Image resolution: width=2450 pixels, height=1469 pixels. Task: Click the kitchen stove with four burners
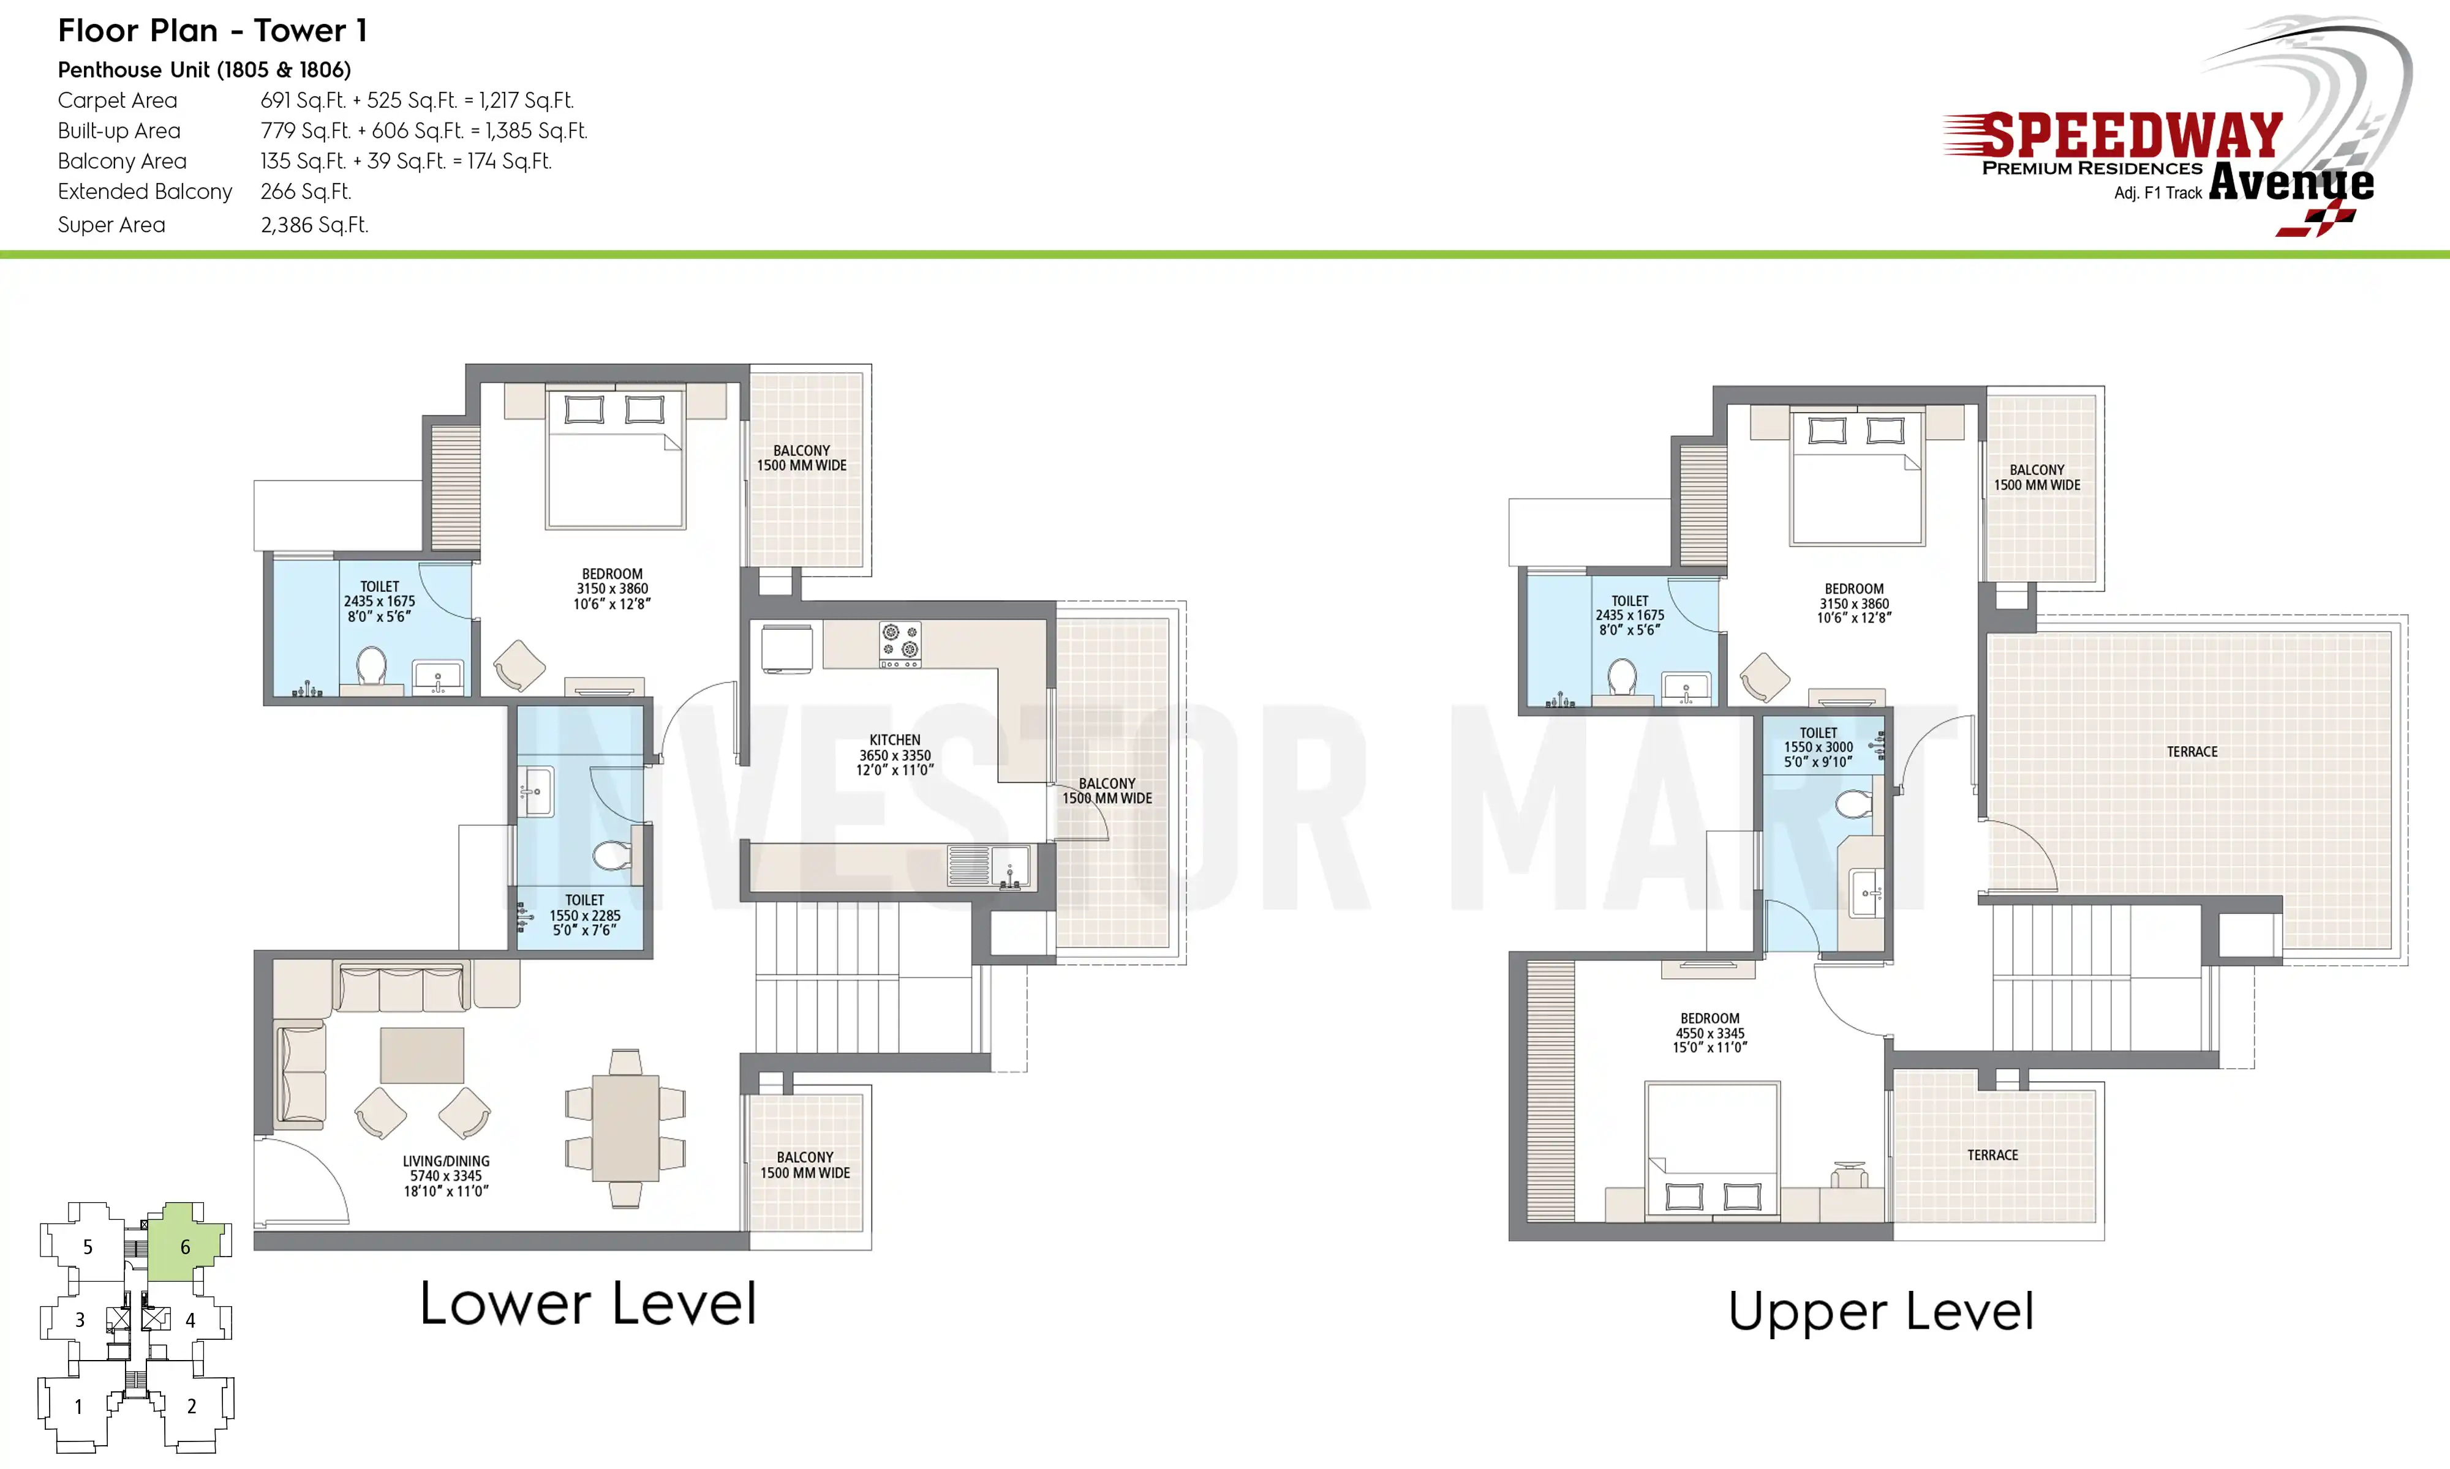pyautogui.click(x=900, y=643)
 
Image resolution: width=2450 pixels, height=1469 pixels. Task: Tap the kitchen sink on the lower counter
pyautogui.click(x=989, y=866)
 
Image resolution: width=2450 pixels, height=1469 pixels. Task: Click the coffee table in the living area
pyautogui.click(x=422, y=1055)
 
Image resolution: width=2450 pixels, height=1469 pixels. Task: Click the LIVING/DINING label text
pyautogui.click(x=446, y=1161)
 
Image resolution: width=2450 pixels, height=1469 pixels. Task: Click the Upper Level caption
pyautogui.click(x=1880, y=1312)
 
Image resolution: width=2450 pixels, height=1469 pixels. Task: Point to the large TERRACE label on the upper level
pyautogui.click(x=2192, y=751)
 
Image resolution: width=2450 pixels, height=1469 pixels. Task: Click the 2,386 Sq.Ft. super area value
pyautogui.click(x=314, y=225)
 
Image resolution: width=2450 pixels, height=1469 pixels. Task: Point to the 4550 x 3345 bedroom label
pyautogui.click(x=1710, y=1033)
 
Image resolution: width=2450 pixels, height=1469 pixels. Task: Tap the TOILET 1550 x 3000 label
pyautogui.click(x=1818, y=747)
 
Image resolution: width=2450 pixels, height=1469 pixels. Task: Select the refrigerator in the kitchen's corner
pyautogui.click(x=787, y=648)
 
